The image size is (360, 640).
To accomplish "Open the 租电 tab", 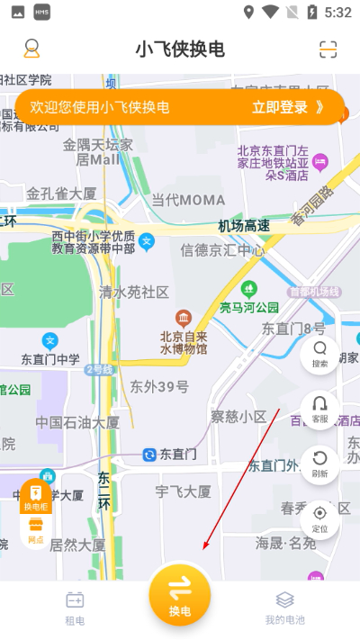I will [75, 608].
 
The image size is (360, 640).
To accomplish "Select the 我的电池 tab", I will [284, 608].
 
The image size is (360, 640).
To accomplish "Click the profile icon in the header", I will [31, 49].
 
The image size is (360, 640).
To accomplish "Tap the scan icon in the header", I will [328, 49].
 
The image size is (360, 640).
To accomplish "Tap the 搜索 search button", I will [319, 355].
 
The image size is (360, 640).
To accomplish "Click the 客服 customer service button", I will [319, 410].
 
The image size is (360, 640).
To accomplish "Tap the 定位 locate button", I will [319, 519].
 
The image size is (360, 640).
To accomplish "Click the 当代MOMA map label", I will [187, 200].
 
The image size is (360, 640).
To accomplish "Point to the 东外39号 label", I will [159, 387].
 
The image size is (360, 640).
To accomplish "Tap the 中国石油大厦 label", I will [77, 421].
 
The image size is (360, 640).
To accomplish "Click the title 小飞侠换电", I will [180, 49].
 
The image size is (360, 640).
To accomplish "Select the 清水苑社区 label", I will [134, 292].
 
